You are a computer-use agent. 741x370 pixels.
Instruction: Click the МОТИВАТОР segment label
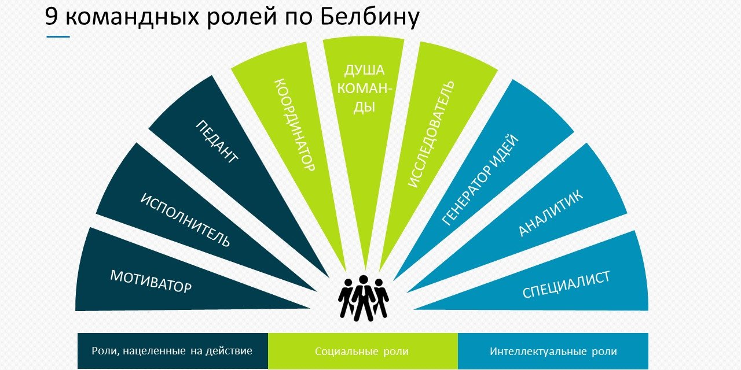[151, 282]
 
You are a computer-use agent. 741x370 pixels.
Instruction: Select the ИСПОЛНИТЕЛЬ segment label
[185, 220]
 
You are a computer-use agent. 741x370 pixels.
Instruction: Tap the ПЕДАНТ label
[217, 142]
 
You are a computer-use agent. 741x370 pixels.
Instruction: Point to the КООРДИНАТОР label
[295, 124]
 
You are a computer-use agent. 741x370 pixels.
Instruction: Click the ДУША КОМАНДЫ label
[364, 88]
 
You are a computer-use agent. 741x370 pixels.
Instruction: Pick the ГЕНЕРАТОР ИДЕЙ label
[480, 180]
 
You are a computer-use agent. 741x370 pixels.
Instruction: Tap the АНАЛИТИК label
[551, 213]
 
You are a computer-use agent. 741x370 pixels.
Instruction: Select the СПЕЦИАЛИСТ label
[566, 284]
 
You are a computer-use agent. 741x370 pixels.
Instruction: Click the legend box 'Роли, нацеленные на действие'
[173, 351]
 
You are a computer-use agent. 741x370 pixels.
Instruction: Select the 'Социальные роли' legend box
[363, 351]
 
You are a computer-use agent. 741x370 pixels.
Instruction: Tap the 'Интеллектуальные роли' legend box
[553, 351]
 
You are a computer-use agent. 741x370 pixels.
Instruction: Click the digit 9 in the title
[52, 16]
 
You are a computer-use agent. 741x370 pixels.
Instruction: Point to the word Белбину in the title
[370, 17]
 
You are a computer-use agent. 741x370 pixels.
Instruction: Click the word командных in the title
[133, 18]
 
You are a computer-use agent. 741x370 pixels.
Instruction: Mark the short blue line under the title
[58, 36]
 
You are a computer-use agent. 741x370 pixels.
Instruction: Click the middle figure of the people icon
[364, 298]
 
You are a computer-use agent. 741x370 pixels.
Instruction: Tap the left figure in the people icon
[346, 298]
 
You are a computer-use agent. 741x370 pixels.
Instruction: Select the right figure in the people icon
[381, 298]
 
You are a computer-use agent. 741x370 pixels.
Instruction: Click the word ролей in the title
[242, 18]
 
